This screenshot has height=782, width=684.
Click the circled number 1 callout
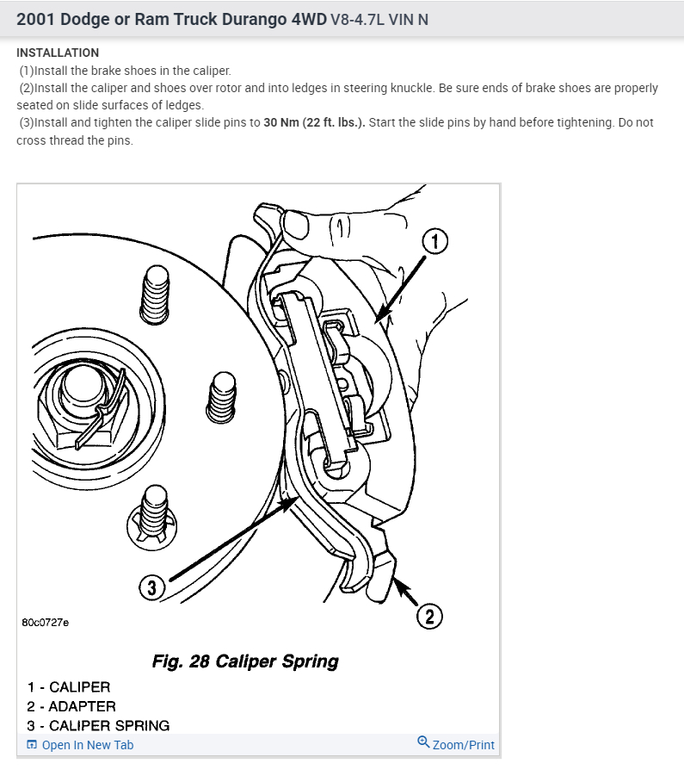435,242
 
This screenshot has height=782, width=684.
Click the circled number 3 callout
152,588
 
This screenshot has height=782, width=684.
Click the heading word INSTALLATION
58,53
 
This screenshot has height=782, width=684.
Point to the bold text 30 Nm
282,122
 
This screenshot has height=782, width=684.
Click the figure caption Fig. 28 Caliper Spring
245,661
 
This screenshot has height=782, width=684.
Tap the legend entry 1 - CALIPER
69,687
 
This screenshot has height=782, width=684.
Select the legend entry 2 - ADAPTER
71,706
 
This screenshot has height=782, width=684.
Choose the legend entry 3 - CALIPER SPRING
98,725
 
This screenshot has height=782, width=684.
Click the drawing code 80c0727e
46,622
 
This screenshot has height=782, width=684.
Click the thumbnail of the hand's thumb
297,226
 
